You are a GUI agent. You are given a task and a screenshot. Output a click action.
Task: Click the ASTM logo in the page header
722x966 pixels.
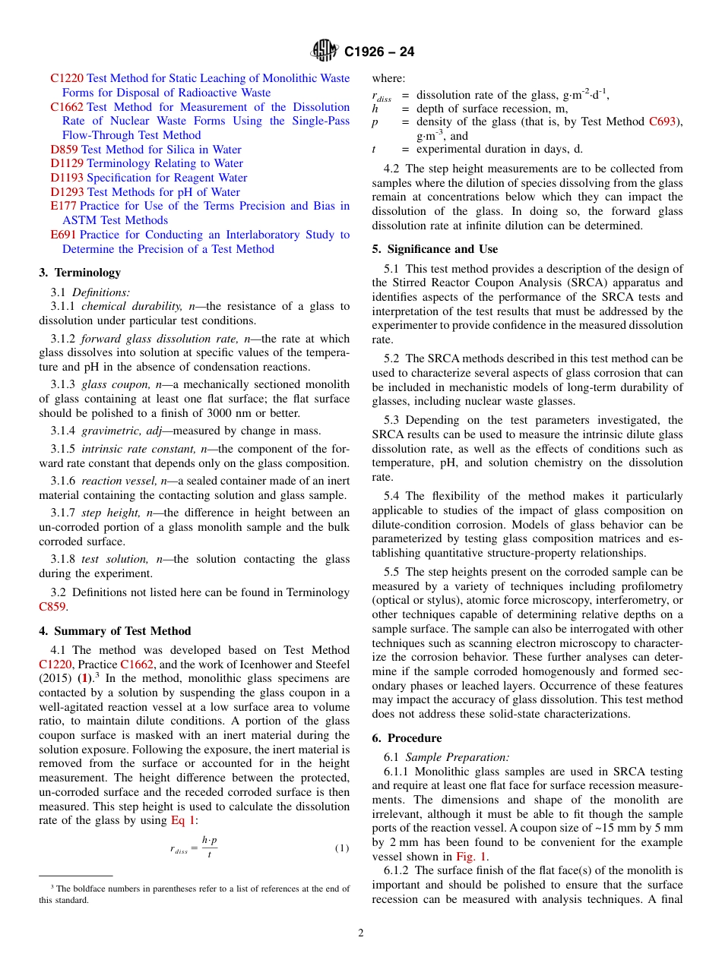325,51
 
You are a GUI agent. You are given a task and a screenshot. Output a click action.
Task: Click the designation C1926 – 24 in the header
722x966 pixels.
379,52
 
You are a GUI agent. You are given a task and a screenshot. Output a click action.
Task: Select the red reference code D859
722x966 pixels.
64,150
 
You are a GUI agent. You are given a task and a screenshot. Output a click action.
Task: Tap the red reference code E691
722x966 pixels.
63,235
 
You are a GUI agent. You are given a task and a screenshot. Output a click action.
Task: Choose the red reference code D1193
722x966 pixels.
67,178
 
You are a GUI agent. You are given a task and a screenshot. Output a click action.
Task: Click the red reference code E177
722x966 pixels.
63,206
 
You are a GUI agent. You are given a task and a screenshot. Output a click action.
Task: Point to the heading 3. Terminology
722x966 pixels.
80,273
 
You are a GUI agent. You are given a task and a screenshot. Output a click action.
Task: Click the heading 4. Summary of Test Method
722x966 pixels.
115,631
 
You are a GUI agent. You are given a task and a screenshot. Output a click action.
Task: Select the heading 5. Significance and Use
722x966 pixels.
435,249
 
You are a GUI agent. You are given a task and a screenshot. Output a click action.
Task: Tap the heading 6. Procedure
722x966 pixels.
407,738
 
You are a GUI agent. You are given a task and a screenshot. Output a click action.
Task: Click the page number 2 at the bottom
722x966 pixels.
361,933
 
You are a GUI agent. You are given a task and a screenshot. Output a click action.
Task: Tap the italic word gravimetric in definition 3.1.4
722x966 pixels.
110,431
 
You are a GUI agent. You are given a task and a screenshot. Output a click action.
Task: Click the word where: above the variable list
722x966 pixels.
388,78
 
